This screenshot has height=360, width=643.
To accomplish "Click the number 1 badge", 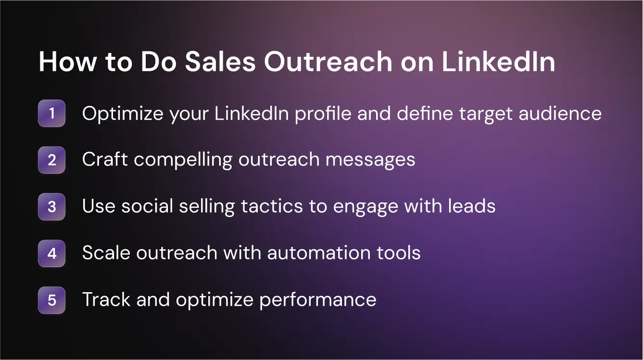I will [51, 114].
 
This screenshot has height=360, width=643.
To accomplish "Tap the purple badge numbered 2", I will [51, 160].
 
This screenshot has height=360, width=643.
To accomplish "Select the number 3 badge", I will [51, 206].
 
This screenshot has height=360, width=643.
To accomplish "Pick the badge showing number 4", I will [51, 253].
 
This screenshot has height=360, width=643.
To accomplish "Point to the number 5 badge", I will [51, 300].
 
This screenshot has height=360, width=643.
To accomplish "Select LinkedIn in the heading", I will [498, 62].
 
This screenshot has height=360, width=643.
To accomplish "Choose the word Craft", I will [105, 160].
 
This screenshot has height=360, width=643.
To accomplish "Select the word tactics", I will [272, 206].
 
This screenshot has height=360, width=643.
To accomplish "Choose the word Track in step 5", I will [106, 300].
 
